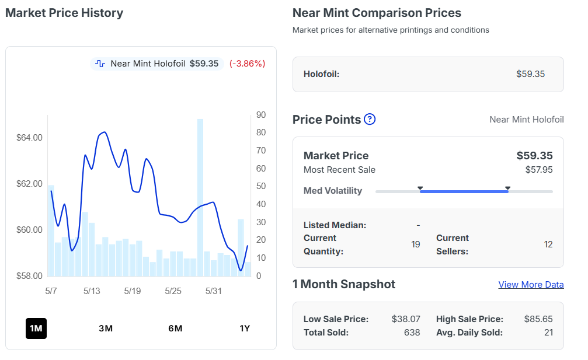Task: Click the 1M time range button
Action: tap(36, 328)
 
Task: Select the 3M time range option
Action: tap(106, 328)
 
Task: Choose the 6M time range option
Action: tap(175, 328)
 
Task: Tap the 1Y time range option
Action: tap(245, 328)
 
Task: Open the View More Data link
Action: tap(531, 285)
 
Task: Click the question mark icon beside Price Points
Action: tap(370, 119)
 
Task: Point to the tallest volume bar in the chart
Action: tap(200, 197)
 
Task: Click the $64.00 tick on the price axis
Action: tap(29, 138)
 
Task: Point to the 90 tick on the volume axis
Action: tap(261, 114)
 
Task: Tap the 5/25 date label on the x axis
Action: tap(173, 291)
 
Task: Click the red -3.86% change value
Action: tap(248, 64)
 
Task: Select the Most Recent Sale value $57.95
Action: tap(539, 170)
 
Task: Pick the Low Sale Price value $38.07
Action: tap(406, 319)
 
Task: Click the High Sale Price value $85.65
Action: tap(538, 319)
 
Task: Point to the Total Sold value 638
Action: tap(412, 333)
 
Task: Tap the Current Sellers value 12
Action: tap(548, 244)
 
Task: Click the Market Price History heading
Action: tap(64, 13)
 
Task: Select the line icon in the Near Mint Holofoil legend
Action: tap(100, 64)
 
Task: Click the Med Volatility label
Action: tap(333, 191)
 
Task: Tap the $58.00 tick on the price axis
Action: tap(29, 276)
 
